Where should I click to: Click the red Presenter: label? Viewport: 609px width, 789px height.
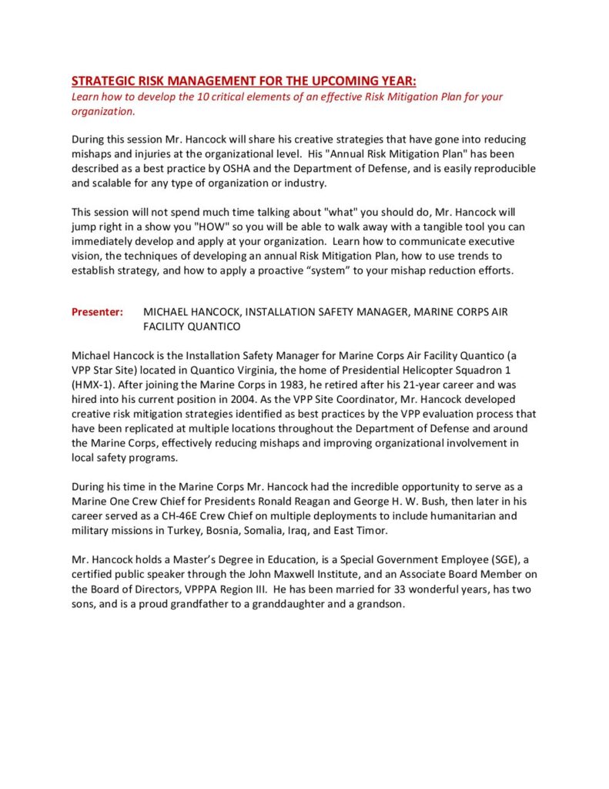point(97,312)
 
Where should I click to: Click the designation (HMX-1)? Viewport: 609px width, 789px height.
point(90,384)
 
